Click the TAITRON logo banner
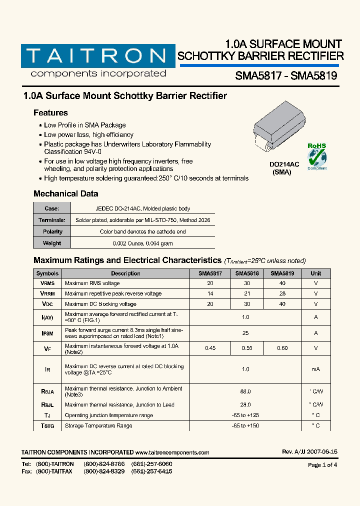[x=94, y=55]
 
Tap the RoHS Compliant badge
[x=316, y=156]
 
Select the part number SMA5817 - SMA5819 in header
[x=286, y=75]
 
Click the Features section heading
[x=50, y=113]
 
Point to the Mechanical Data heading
[x=65, y=194]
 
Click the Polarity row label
[x=52, y=231]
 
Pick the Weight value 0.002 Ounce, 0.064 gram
[x=142, y=243]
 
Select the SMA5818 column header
[x=246, y=273]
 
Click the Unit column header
[x=315, y=273]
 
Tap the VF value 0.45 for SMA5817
[x=210, y=348]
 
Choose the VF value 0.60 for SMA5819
[x=282, y=348]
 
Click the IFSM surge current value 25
[x=245, y=333]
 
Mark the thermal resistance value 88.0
[x=245, y=392]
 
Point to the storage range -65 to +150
[x=245, y=425]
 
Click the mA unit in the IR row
[x=315, y=369]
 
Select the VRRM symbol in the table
[x=47, y=293]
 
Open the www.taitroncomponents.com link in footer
[x=172, y=452]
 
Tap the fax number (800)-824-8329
[x=104, y=471]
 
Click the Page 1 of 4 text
[x=322, y=465]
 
